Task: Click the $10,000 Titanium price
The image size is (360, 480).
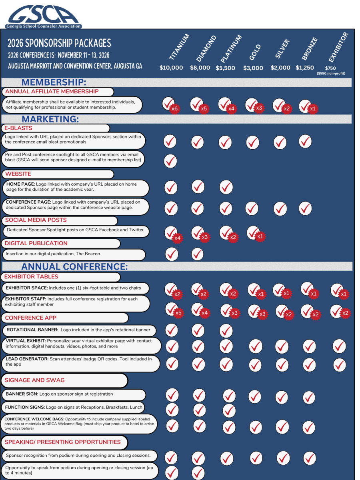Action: point(171,68)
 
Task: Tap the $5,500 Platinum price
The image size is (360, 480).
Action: point(225,68)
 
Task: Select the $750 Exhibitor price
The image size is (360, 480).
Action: point(330,68)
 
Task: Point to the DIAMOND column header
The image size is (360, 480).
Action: point(206,48)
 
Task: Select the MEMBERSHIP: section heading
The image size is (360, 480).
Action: point(54,82)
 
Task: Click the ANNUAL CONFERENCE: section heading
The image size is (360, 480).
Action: point(74,266)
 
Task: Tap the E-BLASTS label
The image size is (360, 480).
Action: point(19,128)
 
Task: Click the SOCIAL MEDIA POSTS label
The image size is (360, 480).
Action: point(36,220)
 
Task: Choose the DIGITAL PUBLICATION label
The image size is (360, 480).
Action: point(36,243)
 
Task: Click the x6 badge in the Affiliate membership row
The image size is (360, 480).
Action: point(174,109)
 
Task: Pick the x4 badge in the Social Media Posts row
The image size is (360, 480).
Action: point(177,238)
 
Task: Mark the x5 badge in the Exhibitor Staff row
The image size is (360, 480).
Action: point(178,313)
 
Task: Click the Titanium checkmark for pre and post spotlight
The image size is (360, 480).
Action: point(171,160)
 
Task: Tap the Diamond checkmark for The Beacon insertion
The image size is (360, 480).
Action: point(198,254)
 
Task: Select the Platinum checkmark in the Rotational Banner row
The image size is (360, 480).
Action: point(226,330)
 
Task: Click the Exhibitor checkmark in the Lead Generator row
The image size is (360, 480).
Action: point(339,365)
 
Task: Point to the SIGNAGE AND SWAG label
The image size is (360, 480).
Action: point(34,380)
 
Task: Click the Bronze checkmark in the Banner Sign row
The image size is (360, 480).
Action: point(310,397)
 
